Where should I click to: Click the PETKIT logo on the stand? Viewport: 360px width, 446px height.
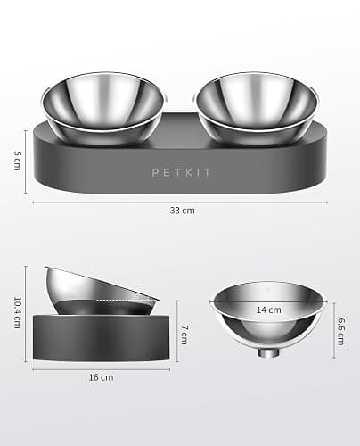[x=182, y=172]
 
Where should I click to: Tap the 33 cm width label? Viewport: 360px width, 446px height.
[x=183, y=211]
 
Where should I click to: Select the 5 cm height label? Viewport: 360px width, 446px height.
[x=18, y=161]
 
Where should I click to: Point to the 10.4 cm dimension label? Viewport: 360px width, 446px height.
[x=18, y=312]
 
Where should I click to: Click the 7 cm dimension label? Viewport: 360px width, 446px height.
[x=184, y=334]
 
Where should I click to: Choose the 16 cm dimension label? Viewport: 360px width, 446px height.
[x=102, y=377]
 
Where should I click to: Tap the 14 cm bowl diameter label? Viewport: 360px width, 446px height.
[x=269, y=310]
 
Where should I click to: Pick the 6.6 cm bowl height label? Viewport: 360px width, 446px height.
[x=341, y=332]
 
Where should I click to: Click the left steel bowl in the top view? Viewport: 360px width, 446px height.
[x=102, y=108]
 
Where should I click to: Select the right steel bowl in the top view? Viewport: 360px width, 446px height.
[x=258, y=108]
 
